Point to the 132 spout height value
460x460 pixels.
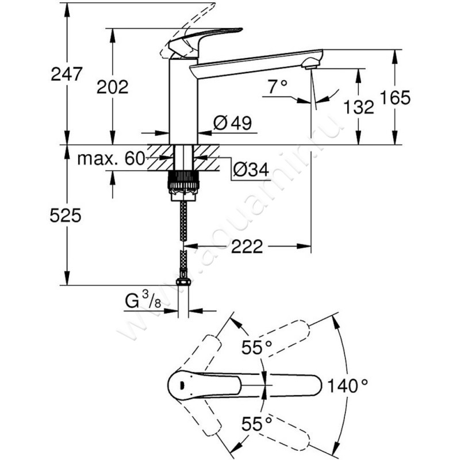tap(359, 106)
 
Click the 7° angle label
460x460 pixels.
tap(277, 87)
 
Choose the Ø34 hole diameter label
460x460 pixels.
tap(251, 170)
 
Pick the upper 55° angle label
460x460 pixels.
tap(256, 347)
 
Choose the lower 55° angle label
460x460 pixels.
tap(256, 425)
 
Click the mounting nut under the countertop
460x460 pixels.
tap(183, 185)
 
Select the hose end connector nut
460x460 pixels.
tap(183, 282)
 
